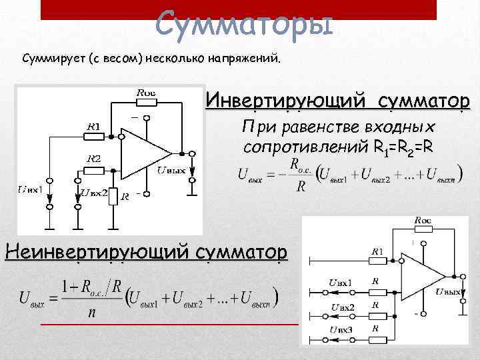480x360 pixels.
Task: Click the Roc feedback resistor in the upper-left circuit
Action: click(146, 103)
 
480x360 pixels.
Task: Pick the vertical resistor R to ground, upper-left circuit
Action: click(114, 196)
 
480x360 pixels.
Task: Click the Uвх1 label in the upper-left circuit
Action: click(30, 191)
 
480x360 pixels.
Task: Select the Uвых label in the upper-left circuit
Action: click(172, 170)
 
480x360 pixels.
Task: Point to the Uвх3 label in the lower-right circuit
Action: click(341, 330)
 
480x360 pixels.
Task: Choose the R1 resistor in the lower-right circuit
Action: click(377, 261)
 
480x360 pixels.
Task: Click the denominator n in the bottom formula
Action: click(90, 313)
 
